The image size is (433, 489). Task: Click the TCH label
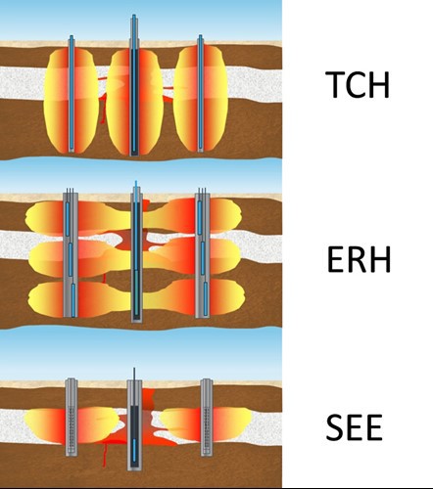[358, 84]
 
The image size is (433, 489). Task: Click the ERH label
[359, 259]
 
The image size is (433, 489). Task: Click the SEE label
[354, 427]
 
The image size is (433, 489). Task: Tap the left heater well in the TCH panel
[72, 94]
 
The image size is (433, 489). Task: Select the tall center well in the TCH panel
[134, 85]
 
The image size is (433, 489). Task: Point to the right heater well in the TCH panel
[200, 93]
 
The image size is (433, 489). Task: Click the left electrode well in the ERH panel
[71, 252]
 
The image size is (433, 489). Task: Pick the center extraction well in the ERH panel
[136, 251]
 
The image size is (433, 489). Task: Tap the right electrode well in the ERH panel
[203, 252]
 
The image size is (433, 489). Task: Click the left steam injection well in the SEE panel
[72, 418]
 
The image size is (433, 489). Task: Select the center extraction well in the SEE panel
[134, 420]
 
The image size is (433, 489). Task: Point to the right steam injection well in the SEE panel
[207, 418]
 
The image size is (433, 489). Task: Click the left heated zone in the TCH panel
[71, 101]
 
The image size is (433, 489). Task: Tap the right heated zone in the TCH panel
[200, 99]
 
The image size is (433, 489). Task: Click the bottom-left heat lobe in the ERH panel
[78, 299]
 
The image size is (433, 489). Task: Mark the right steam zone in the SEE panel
[206, 423]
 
